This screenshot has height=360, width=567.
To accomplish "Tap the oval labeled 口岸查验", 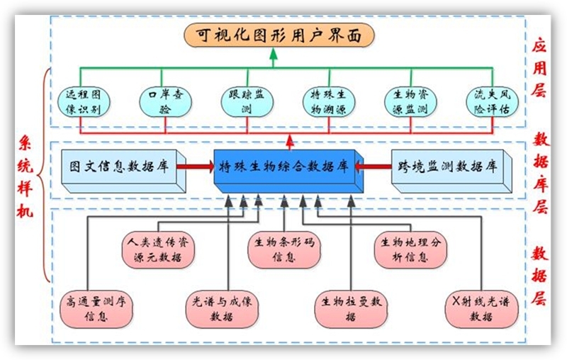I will (164, 101).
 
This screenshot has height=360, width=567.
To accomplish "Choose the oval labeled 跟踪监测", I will (246, 101).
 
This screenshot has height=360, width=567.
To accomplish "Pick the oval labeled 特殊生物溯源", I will (327, 101).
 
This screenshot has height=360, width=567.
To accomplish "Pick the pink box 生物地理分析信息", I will (410, 249).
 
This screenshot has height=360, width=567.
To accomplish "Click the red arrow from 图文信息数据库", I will (195, 167).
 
